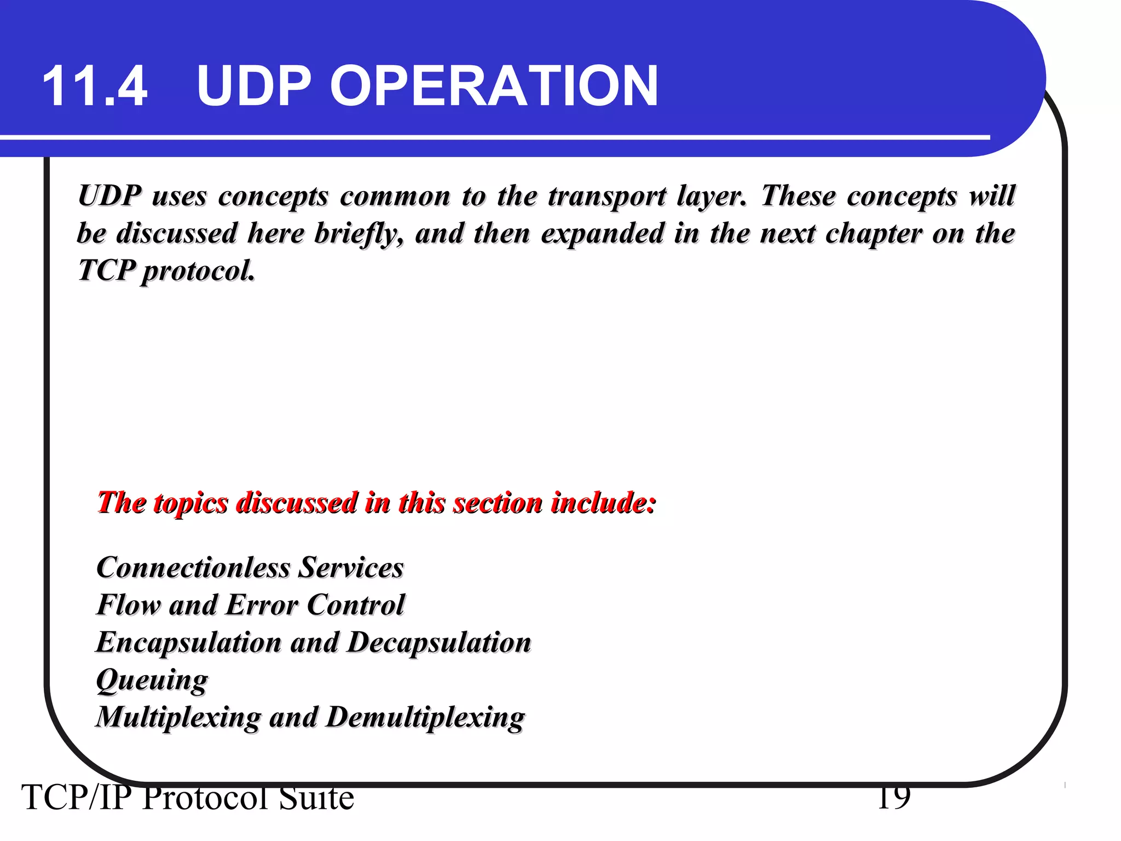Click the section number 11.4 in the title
(x=95, y=86)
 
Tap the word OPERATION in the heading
(x=494, y=86)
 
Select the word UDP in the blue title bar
(x=254, y=86)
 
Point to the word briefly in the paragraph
(x=359, y=234)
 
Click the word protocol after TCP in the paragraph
(x=198, y=270)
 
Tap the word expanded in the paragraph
(x=602, y=233)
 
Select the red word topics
(x=190, y=503)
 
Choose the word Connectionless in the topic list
(x=193, y=567)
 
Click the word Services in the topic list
(x=351, y=567)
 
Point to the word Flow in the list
(x=128, y=605)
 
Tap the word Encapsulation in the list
(x=188, y=642)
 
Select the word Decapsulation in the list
(x=439, y=642)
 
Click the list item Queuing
(x=152, y=681)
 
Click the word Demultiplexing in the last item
(x=425, y=718)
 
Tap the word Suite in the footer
(x=316, y=798)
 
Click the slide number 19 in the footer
(x=894, y=797)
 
